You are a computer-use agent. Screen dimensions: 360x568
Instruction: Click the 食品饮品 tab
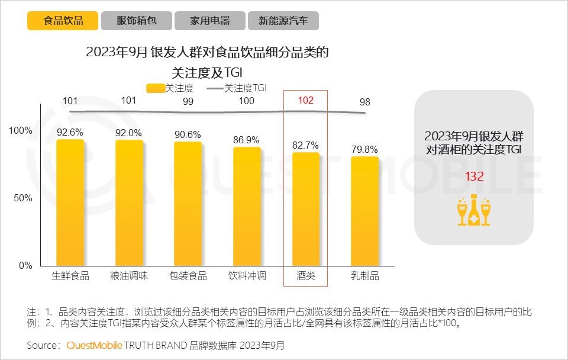(x=63, y=21)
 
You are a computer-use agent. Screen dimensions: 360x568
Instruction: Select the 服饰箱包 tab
(x=136, y=21)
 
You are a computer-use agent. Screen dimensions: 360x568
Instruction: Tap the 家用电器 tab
(x=209, y=21)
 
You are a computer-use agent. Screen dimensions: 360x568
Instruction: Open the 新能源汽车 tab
(x=283, y=21)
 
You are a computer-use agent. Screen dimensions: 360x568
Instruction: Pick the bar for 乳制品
(x=364, y=211)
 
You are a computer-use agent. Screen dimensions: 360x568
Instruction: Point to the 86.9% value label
(x=246, y=140)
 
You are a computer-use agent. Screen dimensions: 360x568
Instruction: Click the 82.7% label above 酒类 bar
(x=305, y=145)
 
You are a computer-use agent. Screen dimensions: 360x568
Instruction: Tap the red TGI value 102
(x=305, y=101)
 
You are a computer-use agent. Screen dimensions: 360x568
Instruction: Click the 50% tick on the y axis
(x=22, y=198)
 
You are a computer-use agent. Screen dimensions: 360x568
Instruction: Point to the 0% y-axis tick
(x=25, y=266)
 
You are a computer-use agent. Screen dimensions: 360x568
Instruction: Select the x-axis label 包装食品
(x=188, y=276)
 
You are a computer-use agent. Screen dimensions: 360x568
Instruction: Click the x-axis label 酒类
(x=306, y=276)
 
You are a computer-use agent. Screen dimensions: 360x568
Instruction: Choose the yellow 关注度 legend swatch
(x=155, y=88)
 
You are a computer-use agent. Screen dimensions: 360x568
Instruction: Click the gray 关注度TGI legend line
(x=215, y=88)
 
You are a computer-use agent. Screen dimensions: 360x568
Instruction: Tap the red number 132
(x=475, y=176)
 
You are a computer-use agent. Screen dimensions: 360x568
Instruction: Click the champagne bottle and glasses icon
(x=474, y=210)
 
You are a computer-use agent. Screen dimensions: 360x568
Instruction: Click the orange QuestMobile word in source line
(x=95, y=345)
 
